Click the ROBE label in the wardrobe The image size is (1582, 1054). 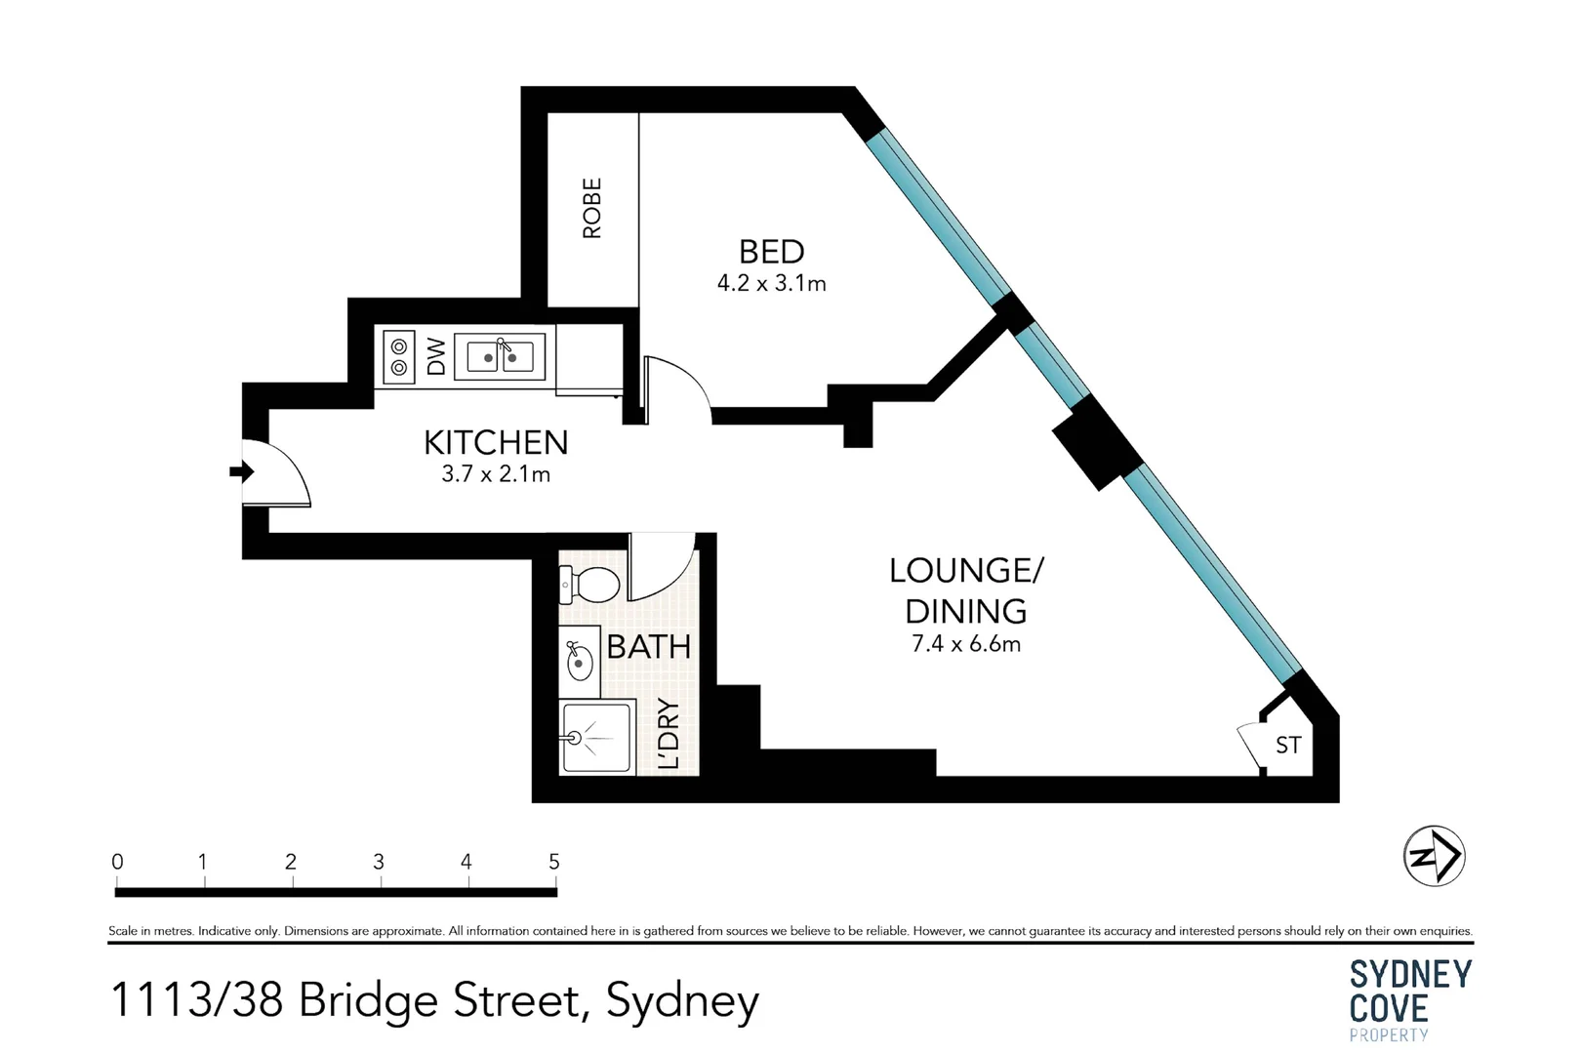coord(591,208)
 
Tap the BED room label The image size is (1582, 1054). coord(771,252)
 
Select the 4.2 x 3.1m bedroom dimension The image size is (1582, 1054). coord(771,284)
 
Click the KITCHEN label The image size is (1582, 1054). coord(496,443)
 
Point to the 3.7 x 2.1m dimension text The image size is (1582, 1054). coord(496,475)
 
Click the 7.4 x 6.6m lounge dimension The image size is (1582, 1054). coord(965,644)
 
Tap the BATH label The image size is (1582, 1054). coord(648,646)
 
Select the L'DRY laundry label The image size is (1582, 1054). coord(669,734)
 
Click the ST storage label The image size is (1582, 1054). coord(1288,746)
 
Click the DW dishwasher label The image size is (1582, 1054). coord(436,356)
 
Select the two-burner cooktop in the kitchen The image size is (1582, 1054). coord(398,356)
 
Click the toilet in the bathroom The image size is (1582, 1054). coord(589,586)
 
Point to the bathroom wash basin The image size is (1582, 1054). coord(579,662)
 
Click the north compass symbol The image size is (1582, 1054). coord(1434,856)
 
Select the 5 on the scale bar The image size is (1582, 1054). coord(554,862)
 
